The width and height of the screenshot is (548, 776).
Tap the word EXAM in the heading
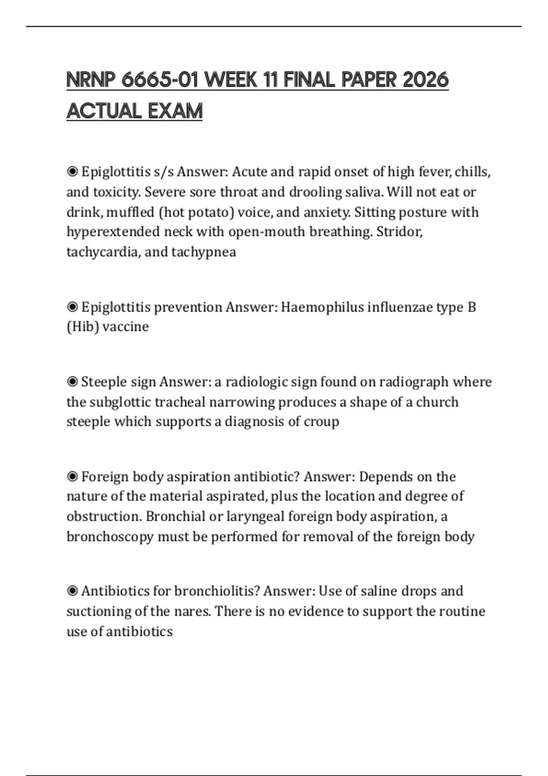tap(175, 111)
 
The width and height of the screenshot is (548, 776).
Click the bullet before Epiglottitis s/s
tap(72, 172)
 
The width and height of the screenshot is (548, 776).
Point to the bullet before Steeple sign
tap(72, 382)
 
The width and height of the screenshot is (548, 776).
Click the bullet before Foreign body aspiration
tap(72, 477)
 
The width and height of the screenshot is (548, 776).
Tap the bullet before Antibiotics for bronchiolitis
tap(72, 591)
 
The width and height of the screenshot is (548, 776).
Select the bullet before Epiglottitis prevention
tap(72, 307)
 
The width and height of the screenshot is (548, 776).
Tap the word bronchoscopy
tap(110, 536)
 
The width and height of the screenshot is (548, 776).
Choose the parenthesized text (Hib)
tap(83, 327)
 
